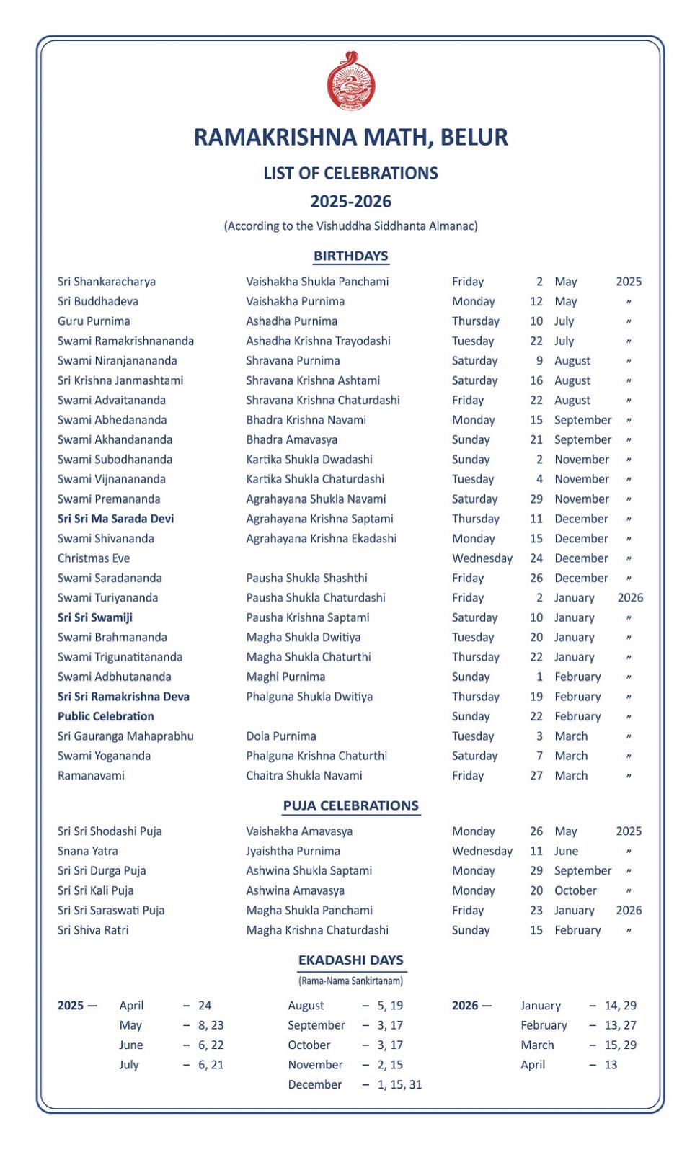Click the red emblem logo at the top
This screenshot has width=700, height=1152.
pyautogui.click(x=350, y=82)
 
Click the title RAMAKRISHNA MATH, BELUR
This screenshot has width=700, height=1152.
pyautogui.click(x=350, y=137)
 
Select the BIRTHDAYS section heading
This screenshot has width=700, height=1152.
pyautogui.click(x=350, y=256)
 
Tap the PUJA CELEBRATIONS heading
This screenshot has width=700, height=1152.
pyautogui.click(x=350, y=805)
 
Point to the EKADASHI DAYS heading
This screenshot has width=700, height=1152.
pyautogui.click(x=350, y=960)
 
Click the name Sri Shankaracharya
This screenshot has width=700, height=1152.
pyautogui.click(x=107, y=282)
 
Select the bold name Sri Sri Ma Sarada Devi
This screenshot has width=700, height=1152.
pyautogui.click(x=115, y=519)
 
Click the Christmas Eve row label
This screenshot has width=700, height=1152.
pyautogui.click(x=94, y=558)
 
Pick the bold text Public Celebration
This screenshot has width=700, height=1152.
pyautogui.click(x=106, y=716)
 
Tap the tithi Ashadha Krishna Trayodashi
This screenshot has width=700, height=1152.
pyautogui.click(x=318, y=341)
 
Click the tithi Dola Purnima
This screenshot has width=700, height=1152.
pyautogui.click(x=281, y=736)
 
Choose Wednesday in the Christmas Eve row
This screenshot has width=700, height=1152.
pyautogui.click(x=482, y=558)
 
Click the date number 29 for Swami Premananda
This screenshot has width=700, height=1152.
pyautogui.click(x=536, y=499)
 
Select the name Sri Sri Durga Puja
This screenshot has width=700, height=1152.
pyautogui.click(x=102, y=870)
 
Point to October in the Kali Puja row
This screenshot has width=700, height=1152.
pyautogui.click(x=575, y=890)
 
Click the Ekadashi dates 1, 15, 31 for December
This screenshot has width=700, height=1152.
pyautogui.click(x=399, y=1084)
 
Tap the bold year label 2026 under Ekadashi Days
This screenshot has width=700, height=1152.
pyautogui.click(x=465, y=1005)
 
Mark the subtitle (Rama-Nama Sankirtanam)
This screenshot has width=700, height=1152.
pyautogui.click(x=350, y=981)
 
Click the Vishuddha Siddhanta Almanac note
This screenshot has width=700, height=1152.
pyautogui.click(x=350, y=226)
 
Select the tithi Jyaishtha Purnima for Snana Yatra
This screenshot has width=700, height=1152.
pyautogui.click(x=293, y=851)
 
